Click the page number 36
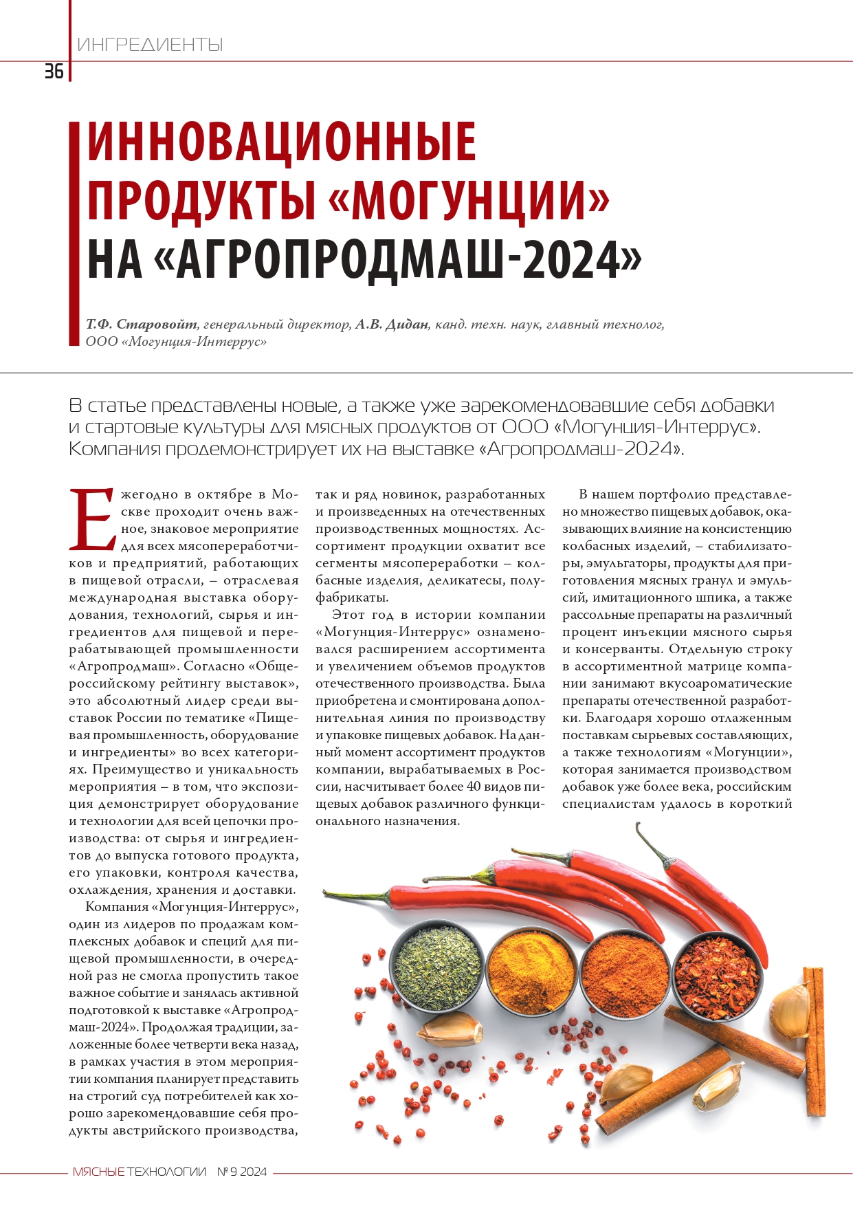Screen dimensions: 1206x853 tap(54, 72)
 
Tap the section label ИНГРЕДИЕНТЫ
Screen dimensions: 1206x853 tap(150, 45)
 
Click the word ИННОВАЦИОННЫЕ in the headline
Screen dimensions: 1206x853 tap(281, 142)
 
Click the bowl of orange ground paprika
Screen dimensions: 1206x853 tap(625, 976)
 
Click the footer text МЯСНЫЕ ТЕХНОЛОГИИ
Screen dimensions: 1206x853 tap(140, 1172)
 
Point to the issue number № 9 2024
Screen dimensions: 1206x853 tap(242, 1172)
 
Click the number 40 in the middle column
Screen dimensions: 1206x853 tap(474, 787)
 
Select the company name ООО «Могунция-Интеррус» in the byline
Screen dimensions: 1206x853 tap(176, 342)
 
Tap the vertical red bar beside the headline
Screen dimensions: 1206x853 tap(76, 233)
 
